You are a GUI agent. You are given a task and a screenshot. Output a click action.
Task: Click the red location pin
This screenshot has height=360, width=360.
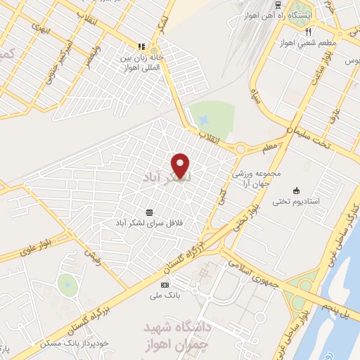tap(181, 165)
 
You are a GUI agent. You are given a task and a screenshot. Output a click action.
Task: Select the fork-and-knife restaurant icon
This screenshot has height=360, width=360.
tap(308, 32)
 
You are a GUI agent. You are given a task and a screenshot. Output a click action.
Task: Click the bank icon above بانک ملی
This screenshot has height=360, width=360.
tap(165, 285)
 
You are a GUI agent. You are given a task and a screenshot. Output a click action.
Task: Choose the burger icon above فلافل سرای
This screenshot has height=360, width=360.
tap(150, 212)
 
